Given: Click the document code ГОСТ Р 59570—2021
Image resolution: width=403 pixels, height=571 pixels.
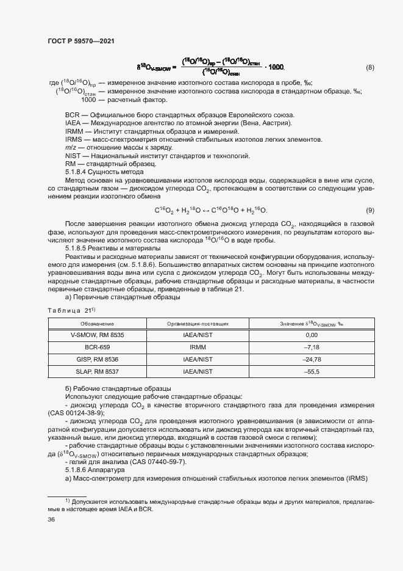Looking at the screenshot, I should point(80,41).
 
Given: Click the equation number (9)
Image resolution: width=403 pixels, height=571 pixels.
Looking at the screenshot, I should point(370,211).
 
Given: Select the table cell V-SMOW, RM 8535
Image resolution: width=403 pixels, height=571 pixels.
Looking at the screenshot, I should point(97,335).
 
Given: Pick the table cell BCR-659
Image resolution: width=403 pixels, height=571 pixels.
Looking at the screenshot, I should point(97,347).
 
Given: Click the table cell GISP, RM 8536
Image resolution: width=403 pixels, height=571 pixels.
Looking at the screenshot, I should point(97,359).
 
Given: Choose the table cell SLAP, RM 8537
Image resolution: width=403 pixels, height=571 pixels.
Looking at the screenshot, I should point(97,371).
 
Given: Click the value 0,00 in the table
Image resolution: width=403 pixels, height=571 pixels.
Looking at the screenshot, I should point(312,335).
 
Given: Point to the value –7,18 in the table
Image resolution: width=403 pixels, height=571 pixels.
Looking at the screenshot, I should point(312,347).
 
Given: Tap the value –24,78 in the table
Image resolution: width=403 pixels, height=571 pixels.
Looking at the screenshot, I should point(312,359).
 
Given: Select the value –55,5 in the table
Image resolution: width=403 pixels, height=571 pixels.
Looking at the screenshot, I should point(312,371).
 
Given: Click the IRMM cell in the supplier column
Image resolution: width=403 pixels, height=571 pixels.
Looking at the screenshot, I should point(198,347).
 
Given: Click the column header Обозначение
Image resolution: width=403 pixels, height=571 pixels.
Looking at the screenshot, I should point(97,323).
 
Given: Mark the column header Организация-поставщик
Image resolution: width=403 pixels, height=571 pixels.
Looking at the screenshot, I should point(198,323).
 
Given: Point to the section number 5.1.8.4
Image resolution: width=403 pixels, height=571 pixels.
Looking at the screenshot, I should point(78,173).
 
